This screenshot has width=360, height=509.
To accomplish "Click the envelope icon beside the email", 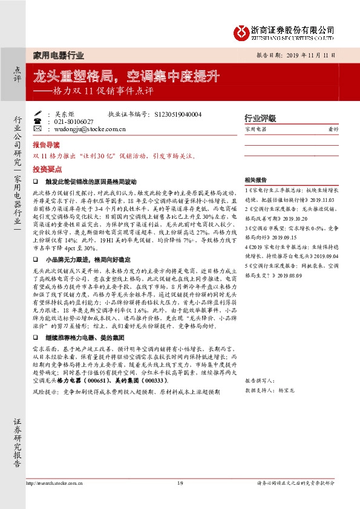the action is tap(38, 129).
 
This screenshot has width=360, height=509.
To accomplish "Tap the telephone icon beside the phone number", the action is tap(38, 121).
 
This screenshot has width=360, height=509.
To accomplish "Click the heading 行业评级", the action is tap(260, 117).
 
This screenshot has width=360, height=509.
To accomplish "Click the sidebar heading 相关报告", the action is tap(257, 180).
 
